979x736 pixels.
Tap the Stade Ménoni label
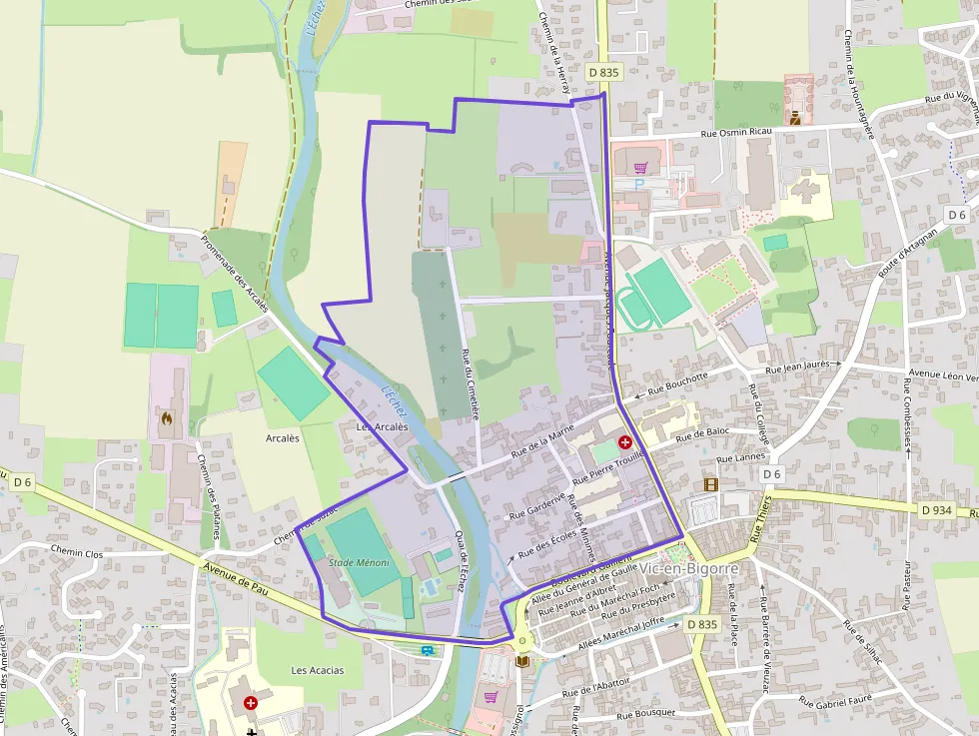(359, 563)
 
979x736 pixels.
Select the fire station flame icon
(167, 419)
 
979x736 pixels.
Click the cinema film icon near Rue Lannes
(710, 484)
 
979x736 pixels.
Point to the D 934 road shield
(936, 510)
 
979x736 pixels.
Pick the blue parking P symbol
(640, 185)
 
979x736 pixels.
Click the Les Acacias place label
(318, 670)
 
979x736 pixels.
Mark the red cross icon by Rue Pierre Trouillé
(625, 441)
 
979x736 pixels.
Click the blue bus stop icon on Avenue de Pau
(429, 650)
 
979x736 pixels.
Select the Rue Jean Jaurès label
(799, 369)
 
